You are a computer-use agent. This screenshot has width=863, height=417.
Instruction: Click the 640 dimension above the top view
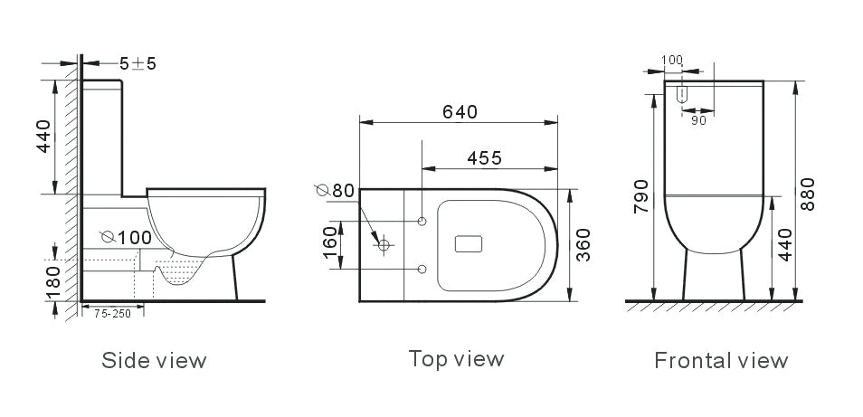tap(460, 111)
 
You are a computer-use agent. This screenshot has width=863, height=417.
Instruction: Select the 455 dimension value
tap(485, 157)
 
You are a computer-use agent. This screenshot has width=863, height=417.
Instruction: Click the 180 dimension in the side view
tap(53, 280)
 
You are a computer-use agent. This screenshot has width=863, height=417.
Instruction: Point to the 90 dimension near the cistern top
tap(698, 120)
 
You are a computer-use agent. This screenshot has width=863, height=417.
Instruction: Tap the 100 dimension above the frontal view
tap(672, 60)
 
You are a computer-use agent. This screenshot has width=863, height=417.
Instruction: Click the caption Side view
tap(154, 361)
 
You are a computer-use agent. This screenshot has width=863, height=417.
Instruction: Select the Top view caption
tap(456, 358)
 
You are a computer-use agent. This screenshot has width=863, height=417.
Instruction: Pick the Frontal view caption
tap(721, 361)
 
